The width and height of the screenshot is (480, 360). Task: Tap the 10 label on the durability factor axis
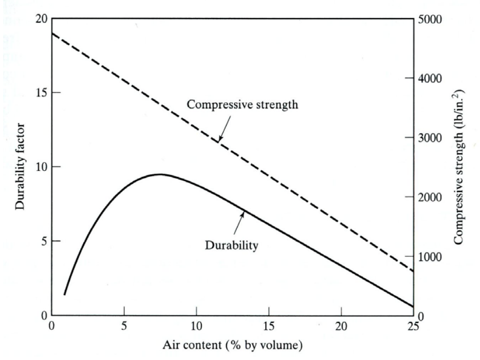(x=41, y=167)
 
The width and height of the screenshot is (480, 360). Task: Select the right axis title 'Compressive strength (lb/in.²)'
(x=459, y=167)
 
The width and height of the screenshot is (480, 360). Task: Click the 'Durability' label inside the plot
(x=231, y=245)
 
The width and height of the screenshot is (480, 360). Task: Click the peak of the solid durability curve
(x=160, y=174)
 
